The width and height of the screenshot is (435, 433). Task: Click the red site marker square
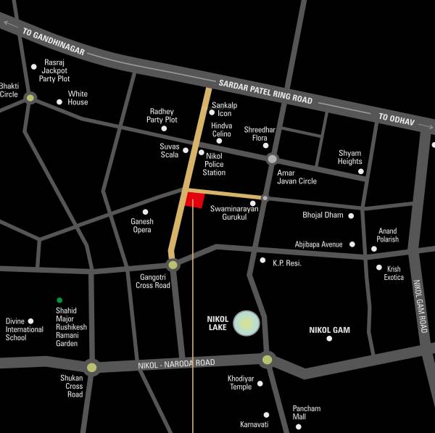click(x=194, y=200)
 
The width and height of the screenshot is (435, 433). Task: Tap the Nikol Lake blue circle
click(x=247, y=323)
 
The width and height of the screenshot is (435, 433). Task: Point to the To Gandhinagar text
click(x=54, y=42)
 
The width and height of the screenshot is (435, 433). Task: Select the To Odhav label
click(x=395, y=120)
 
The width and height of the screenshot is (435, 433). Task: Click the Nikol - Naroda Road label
click(x=175, y=363)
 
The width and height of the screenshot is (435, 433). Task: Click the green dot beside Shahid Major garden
click(x=59, y=300)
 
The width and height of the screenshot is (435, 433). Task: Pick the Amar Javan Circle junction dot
click(x=272, y=159)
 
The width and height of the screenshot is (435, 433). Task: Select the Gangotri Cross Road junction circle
click(x=173, y=265)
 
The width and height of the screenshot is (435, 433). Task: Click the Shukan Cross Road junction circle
click(x=91, y=367)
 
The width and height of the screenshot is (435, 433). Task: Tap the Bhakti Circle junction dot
click(x=30, y=97)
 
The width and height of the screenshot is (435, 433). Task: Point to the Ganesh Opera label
click(x=141, y=226)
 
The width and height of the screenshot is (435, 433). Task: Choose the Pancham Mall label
click(x=306, y=413)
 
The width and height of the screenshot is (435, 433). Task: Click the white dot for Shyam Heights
click(x=360, y=171)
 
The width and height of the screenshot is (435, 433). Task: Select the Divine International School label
click(x=25, y=329)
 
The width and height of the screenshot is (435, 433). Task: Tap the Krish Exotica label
click(x=394, y=273)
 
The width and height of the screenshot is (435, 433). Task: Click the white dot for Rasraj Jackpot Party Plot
click(x=33, y=67)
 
